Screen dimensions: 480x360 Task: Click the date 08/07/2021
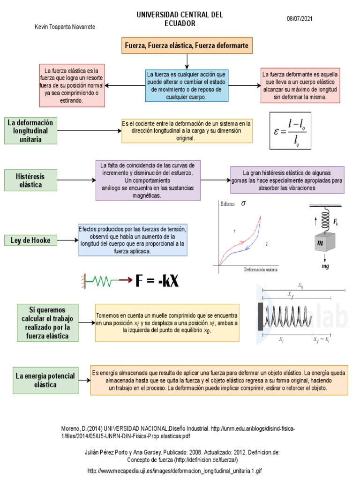click(299, 19)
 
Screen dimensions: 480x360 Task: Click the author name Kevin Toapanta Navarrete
click(65, 27)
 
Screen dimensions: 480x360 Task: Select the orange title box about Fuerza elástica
click(187, 46)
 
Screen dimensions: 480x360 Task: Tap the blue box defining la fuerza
click(187, 86)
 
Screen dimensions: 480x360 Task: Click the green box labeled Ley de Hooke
click(30, 240)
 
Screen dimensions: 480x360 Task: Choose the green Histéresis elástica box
click(30, 180)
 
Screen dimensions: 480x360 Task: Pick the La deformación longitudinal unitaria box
click(30, 130)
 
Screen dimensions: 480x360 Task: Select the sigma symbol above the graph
click(243, 203)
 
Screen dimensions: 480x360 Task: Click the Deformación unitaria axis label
click(261, 270)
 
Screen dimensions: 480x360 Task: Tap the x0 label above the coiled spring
click(300, 285)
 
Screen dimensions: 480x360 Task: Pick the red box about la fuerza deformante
click(300, 86)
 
